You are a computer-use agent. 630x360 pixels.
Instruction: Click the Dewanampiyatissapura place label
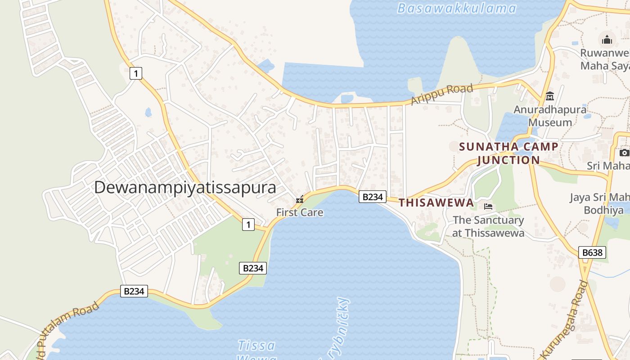point(185,188)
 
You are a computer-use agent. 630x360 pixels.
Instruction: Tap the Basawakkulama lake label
point(457,8)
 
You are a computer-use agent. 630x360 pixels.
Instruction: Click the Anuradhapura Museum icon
point(549,96)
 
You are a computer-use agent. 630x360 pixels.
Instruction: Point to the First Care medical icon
point(300,199)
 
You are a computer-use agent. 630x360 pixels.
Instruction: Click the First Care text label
point(300,212)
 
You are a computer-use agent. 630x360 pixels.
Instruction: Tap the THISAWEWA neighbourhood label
point(436,203)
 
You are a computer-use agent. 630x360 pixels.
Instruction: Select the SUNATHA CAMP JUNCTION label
point(508,153)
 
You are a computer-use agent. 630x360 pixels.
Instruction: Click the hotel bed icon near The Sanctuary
point(488,207)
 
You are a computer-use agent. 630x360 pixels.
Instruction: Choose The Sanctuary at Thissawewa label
point(488,226)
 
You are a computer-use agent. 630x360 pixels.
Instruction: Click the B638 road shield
point(592,252)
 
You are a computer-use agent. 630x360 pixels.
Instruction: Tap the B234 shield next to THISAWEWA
point(372,197)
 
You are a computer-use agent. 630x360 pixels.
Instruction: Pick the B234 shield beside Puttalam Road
point(134,291)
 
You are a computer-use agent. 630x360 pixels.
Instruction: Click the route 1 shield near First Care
point(248,224)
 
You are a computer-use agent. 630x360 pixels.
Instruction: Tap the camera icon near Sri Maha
point(625,153)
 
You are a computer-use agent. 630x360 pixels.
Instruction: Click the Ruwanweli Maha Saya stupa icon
point(607,40)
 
